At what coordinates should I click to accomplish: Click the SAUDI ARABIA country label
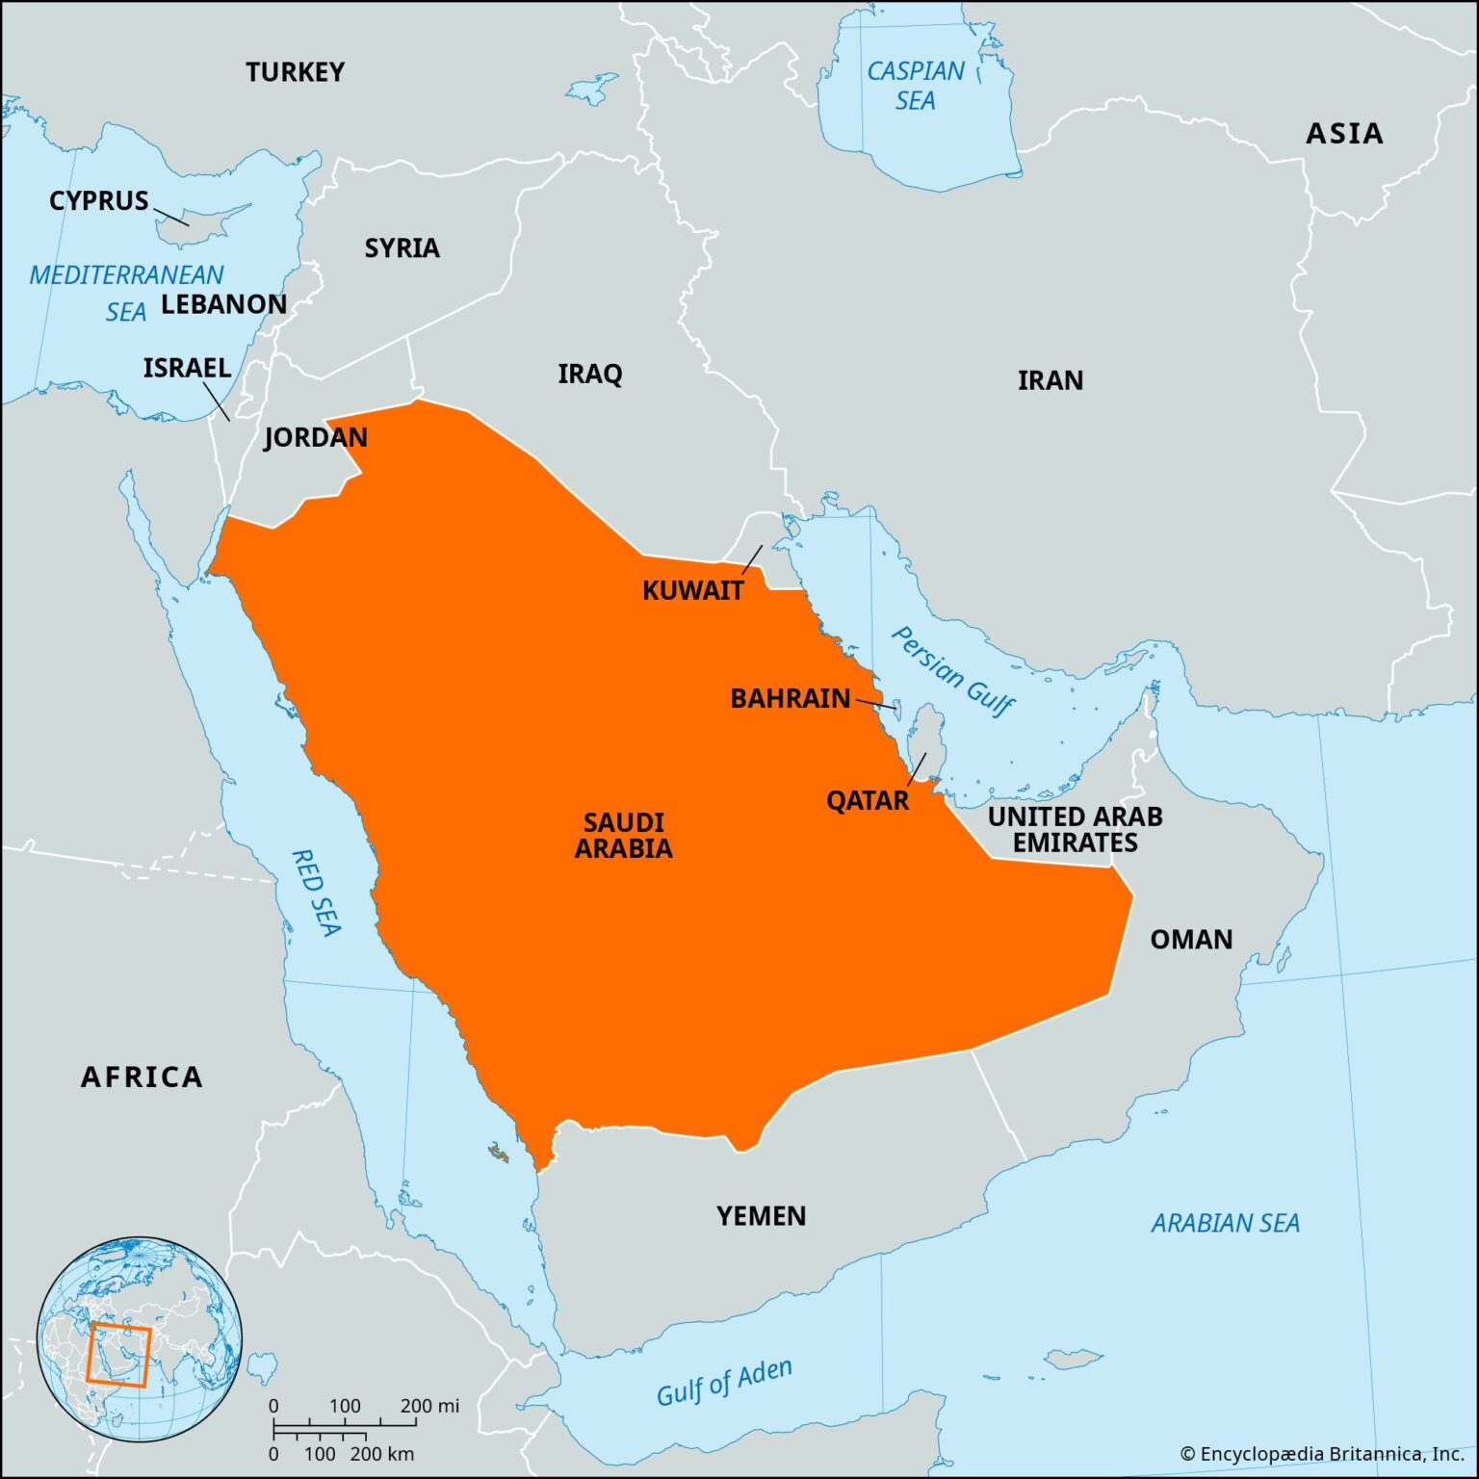[624, 835]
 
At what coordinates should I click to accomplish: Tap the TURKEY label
[295, 72]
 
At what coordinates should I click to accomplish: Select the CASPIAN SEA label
[915, 86]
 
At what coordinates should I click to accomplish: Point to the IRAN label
[1051, 380]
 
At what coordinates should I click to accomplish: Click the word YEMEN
[761, 1216]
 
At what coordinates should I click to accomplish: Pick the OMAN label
[1191, 940]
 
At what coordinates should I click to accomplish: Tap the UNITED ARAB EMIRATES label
[1075, 829]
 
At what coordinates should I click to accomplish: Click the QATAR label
[868, 800]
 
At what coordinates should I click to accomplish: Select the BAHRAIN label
[791, 698]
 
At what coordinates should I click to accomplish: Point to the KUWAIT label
[693, 590]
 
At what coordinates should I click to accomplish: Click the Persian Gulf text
[952, 672]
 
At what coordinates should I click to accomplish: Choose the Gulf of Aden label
[724, 1382]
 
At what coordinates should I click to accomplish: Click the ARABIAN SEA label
[1225, 1224]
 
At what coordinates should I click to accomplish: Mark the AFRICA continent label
[142, 1077]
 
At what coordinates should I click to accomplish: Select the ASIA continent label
[1344, 134]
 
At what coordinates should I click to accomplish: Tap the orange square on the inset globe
[118, 1356]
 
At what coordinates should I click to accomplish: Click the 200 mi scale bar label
[429, 1406]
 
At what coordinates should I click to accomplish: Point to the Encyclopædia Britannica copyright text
[1327, 1454]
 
